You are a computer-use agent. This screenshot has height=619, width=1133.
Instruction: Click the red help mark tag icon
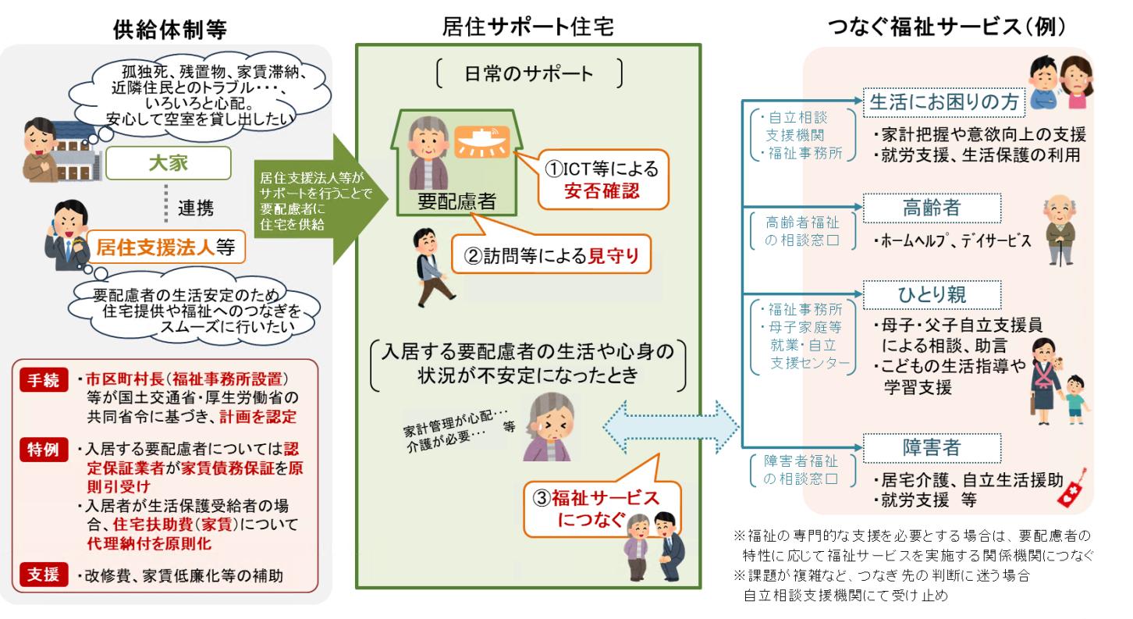pyautogui.click(x=1073, y=489)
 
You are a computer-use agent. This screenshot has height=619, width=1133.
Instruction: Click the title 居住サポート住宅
pyautogui.click(x=528, y=25)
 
